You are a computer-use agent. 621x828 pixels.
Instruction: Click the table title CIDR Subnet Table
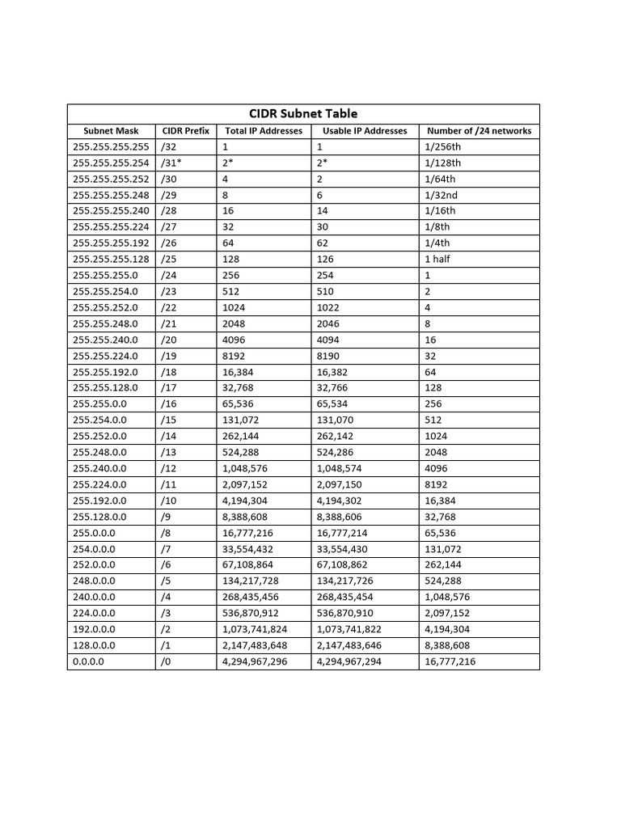(x=303, y=113)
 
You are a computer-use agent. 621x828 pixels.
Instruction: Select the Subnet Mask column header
(x=111, y=131)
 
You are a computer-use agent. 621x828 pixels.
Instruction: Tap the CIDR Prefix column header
(x=185, y=131)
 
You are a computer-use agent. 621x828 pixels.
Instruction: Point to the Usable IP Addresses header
(x=365, y=131)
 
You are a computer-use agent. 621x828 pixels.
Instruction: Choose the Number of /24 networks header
(x=479, y=131)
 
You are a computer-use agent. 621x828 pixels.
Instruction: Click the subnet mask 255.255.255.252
(x=111, y=179)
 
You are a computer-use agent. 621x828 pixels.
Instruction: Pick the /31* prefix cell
(x=171, y=163)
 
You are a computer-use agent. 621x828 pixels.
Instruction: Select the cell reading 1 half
(x=437, y=259)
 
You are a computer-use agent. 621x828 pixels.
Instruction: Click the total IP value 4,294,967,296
(x=255, y=661)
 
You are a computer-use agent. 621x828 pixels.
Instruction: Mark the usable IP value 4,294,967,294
(x=349, y=661)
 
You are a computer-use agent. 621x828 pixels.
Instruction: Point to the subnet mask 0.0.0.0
(x=89, y=661)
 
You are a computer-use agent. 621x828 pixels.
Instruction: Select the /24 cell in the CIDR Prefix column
(x=168, y=275)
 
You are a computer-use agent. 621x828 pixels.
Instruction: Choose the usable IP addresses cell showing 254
(x=325, y=275)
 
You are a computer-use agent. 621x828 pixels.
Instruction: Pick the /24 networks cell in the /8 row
(x=440, y=533)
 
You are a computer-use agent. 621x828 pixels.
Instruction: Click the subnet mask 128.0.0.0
(x=94, y=645)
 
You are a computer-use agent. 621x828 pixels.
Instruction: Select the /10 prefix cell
(x=168, y=501)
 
